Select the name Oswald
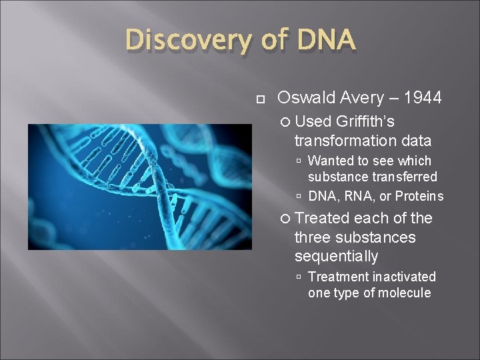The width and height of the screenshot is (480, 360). click(307, 98)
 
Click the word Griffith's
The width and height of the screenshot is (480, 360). click(365, 121)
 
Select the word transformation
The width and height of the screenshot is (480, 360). click(346, 141)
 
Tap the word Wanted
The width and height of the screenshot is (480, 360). click(331, 161)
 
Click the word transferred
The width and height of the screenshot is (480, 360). click(405, 177)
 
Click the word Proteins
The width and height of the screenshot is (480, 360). click(419, 196)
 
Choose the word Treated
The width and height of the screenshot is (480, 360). click(322, 218)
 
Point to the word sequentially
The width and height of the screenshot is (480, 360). click(336, 257)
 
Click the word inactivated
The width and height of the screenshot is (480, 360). click(405, 277)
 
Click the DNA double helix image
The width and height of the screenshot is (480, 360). click(139, 187)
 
